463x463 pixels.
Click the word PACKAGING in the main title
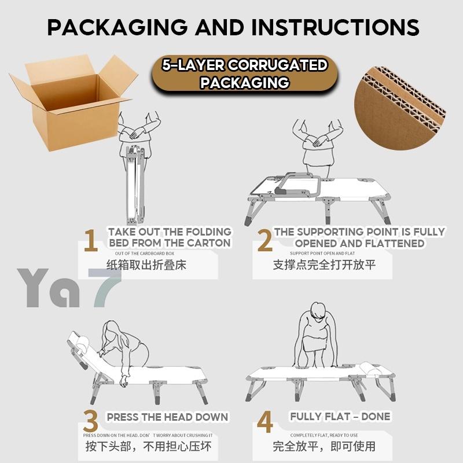(x=117, y=27)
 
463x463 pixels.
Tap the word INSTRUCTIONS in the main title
(x=335, y=27)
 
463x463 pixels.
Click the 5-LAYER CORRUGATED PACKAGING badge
(x=245, y=74)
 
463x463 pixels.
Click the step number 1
(x=91, y=241)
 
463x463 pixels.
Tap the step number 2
(x=264, y=241)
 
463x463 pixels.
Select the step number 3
(x=90, y=421)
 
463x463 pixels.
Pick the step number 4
(x=265, y=422)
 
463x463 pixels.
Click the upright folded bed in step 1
(x=135, y=185)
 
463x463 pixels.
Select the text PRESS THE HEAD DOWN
(x=167, y=417)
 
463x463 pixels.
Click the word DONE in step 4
(x=376, y=416)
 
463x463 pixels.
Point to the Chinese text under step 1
(x=146, y=265)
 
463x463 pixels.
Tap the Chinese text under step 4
(x=324, y=446)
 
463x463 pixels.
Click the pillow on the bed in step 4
(x=370, y=368)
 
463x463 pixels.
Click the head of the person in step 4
(x=318, y=311)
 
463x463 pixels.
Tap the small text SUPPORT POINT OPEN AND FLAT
(x=322, y=253)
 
